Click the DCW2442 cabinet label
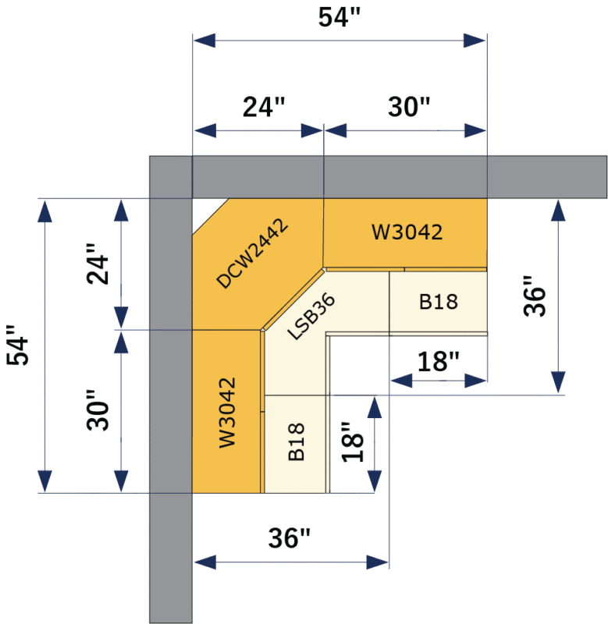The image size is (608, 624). [252, 253]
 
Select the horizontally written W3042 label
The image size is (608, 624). [407, 232]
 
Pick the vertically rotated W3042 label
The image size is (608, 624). [227, 413]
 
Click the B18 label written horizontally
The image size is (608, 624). [439, 302]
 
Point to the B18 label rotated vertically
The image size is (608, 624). [297, 442]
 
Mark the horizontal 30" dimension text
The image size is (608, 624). [409, 107]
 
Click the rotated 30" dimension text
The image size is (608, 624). [97, 411]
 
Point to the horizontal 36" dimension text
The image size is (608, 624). [290, 538]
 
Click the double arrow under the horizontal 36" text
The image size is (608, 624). [290, 561]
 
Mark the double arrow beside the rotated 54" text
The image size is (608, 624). [45, 346]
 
